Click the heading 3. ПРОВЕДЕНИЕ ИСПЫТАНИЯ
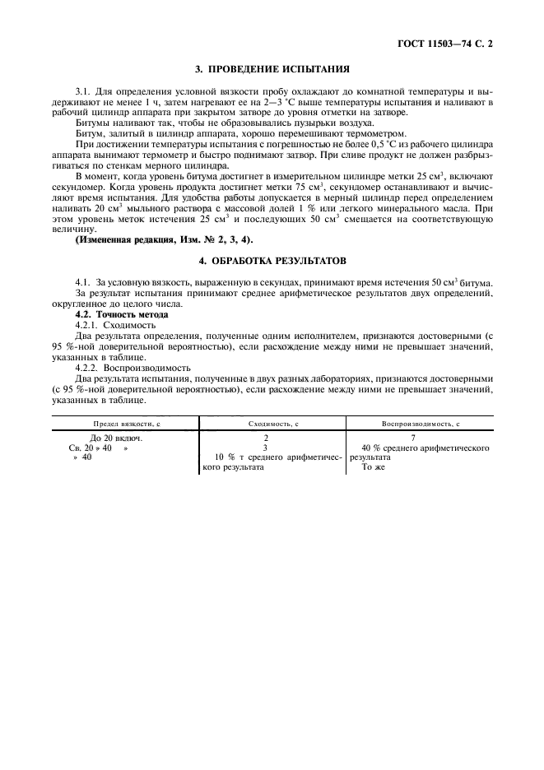coord(272,69)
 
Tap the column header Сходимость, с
coord(272,422)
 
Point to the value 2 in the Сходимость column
coord(266,438)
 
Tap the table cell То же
coord(373,467)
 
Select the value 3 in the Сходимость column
coord(266,448)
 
